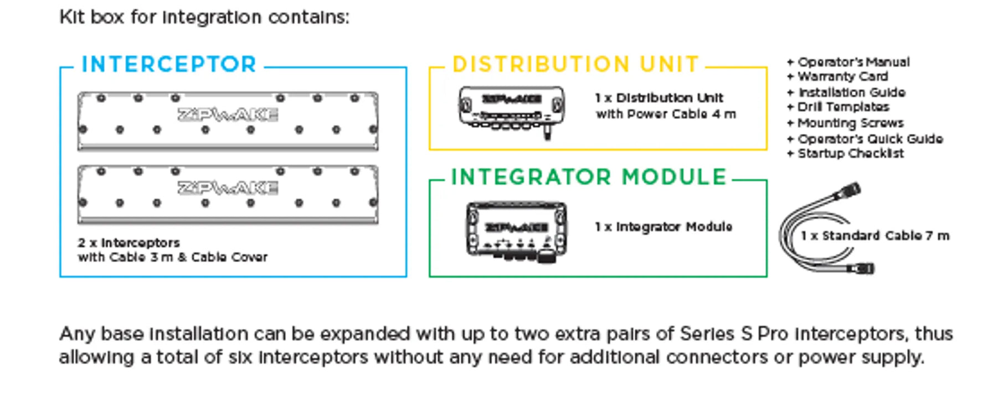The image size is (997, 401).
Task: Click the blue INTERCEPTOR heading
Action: tap(169, 64)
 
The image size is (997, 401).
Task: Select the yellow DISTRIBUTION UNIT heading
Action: tap(575, 64)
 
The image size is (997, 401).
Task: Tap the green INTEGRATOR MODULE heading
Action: tap(589, 177)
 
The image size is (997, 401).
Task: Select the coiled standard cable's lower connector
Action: tap(861, 269)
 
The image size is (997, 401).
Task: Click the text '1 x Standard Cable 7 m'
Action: tap(875, 236)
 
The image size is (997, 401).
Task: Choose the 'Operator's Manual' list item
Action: tap(853, 62)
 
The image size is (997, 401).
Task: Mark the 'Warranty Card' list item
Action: tap(842, 76)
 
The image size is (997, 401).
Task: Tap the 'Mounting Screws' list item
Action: tap(850, 123)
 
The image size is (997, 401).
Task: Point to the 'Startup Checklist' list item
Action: tap(850, 153)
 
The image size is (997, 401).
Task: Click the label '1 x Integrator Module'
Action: tap(664, 227)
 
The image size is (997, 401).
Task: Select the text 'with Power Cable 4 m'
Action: tap(666, 114)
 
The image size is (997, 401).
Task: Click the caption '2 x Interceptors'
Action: tap(129, 243)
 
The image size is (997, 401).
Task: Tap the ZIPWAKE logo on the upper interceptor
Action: tap(228, 114)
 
